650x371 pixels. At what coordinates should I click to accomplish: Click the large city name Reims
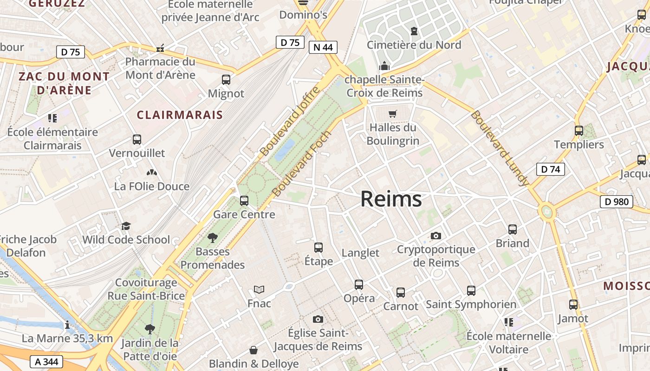point(391,199)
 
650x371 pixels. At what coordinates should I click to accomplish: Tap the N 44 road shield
point(323,47)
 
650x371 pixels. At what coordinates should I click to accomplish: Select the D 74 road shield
point(550,169)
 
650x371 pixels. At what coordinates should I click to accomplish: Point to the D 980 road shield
point(617,202)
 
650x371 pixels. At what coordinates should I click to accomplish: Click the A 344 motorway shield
point(46,361)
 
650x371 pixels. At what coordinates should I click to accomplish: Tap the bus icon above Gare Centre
point(244,201)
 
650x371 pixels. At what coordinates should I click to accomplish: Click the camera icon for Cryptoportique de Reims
point(435,236)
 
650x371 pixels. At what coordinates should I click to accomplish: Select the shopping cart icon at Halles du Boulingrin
point(393,114)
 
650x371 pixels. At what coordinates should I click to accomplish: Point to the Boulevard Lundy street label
point(499,148)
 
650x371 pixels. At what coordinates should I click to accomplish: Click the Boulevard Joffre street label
point(290,122)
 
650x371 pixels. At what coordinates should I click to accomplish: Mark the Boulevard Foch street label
point(302,163)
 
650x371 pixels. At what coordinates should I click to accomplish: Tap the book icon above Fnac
point(259,290)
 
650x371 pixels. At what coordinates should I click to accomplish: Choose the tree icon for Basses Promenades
point(213,238)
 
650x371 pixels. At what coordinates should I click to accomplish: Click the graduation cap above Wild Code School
point(126,226)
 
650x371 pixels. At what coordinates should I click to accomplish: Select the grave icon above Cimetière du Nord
point(414,31)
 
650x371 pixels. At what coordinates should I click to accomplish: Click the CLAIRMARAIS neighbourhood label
point(180,115)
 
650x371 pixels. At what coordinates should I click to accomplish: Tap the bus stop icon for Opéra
point(359,285)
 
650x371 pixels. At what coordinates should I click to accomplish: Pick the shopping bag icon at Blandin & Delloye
point(253,350)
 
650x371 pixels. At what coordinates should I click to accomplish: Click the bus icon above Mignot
point(226,80)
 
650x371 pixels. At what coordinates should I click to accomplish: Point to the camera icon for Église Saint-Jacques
point(318,319)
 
